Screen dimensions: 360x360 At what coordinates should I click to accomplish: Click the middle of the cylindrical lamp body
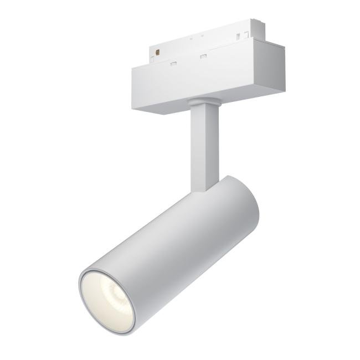click(177, 238)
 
